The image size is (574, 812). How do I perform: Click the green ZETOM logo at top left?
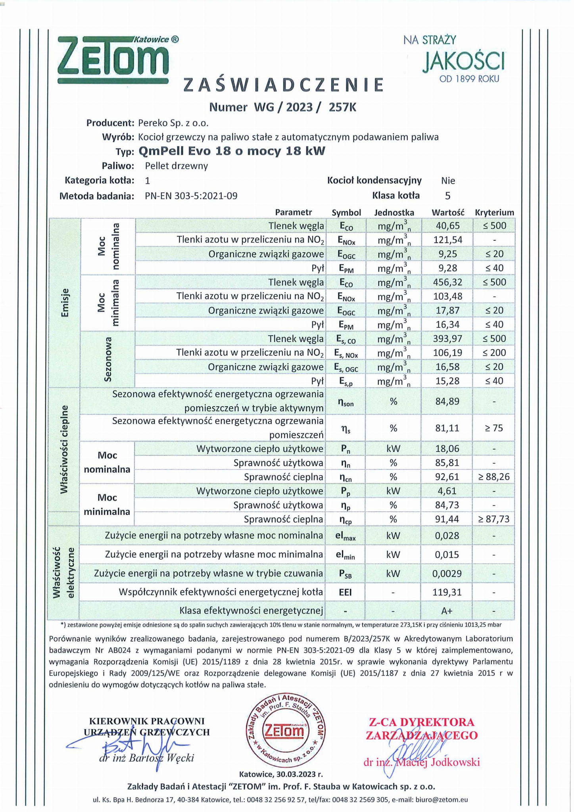click(113, 60)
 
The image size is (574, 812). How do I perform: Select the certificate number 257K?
click(342, 107)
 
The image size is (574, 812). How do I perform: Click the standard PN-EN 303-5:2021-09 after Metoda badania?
click(191, 196)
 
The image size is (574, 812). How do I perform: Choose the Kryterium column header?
click(494, 213)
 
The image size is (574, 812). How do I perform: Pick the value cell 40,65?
click(447, 226)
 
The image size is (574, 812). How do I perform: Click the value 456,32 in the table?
click(447, 282)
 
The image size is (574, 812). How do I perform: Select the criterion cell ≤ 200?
click(494, 353)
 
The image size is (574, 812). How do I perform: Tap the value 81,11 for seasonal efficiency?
click(447, 428)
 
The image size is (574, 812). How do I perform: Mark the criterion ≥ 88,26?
click(494, 477)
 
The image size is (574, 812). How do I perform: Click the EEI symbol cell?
click(345, 592)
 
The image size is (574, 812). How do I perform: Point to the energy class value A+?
click(447, 611)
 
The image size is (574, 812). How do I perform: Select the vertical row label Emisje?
click(65, 303)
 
